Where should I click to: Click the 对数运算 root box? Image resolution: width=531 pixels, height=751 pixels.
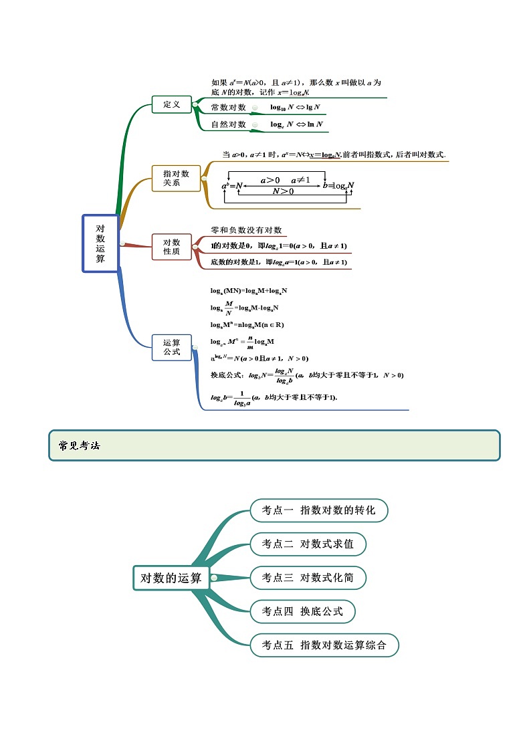point(100,243)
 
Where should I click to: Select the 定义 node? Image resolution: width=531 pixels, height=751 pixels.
point(172,105)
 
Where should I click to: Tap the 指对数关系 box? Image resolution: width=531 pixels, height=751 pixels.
point(176,178)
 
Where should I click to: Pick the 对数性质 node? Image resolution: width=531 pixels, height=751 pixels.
point(172,247)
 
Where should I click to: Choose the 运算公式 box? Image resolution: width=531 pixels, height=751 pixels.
point(172,347)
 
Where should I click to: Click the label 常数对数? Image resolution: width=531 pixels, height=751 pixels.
point(228,108)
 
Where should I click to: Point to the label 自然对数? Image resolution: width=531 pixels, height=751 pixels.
point(228,124)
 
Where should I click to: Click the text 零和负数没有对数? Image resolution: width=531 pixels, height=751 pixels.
point(246,230)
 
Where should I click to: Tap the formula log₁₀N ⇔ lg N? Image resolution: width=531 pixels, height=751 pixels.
point(295,108)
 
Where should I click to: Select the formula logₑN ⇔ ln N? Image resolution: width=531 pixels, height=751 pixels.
point(296,124)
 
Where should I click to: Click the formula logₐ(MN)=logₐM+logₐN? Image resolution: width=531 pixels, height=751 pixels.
point(248,291)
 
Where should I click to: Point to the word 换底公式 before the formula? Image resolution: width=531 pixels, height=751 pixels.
point(226,375)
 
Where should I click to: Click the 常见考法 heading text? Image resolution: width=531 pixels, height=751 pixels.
point(79,446)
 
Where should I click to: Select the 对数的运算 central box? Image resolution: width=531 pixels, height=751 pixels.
point(171,578)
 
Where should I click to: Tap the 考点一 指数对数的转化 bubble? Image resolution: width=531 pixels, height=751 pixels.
point(319,510)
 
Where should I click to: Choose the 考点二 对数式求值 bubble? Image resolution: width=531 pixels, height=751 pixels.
point(308,544)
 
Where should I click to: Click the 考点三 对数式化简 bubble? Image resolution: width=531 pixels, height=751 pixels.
point(308,578)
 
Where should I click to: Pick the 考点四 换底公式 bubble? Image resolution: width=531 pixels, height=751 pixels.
point(302,611)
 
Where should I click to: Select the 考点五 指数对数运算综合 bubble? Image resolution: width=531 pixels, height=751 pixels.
point(324,645)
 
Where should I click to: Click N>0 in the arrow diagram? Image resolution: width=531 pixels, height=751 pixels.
point(283,191)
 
